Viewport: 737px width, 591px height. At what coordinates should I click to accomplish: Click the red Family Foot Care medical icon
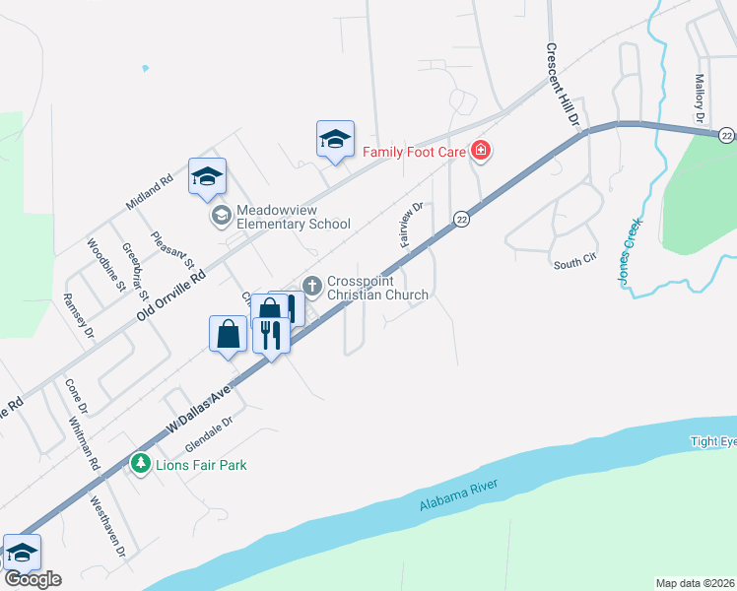coord(481,151)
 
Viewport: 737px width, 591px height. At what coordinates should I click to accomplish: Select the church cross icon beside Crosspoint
coord(312,286)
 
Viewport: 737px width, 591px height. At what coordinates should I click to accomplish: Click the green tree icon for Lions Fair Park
coord(141,463)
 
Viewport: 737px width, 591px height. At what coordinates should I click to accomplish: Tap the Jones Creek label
coord(628,252)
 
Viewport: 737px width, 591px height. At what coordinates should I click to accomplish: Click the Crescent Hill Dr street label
coord(565,84)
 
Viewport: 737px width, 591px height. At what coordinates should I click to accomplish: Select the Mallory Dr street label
coord(701,98)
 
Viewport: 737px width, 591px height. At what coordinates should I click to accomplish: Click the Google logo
coord(33,579)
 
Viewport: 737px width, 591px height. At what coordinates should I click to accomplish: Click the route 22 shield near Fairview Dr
coord(460,219)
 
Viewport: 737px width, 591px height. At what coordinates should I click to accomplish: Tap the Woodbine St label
coord(101,260)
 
